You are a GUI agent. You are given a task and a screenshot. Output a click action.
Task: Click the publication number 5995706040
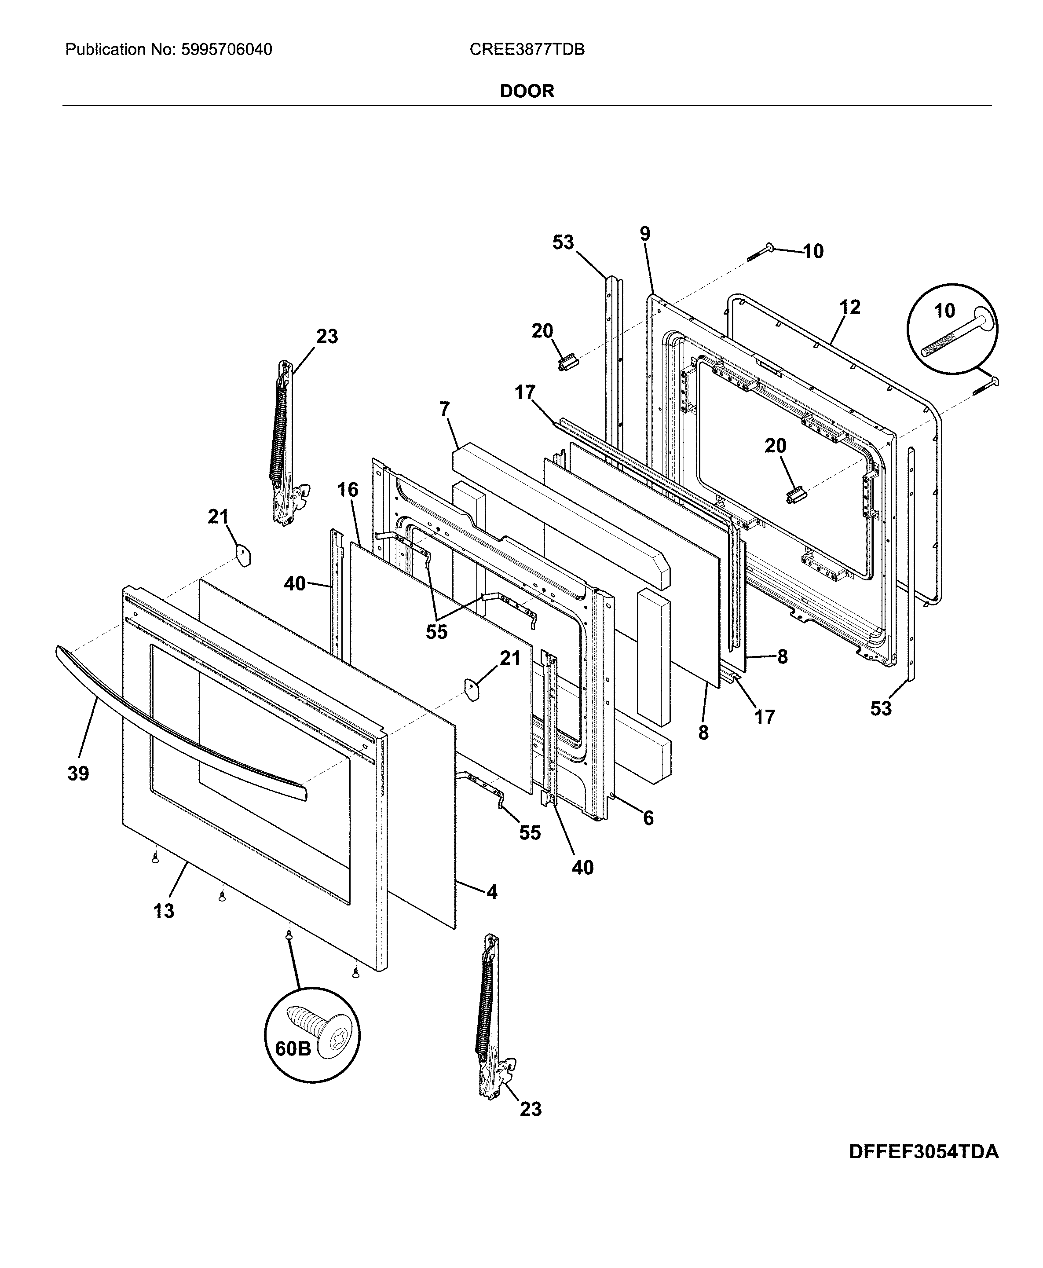pyautogui.click(x=225, y=49)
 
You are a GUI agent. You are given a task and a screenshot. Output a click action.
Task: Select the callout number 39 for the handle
pyautogui.click(x=78, y=773)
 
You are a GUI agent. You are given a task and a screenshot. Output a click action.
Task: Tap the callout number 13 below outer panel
pyautogui.click(x=163, y=911)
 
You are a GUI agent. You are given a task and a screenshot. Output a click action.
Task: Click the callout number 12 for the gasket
pyautogui.click(x=849, y=307)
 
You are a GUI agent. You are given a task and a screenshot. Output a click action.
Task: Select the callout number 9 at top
pyautogui.click(x=644, y=234)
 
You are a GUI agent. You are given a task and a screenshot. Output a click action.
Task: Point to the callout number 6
pyautogui.click(x=648, y=818)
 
